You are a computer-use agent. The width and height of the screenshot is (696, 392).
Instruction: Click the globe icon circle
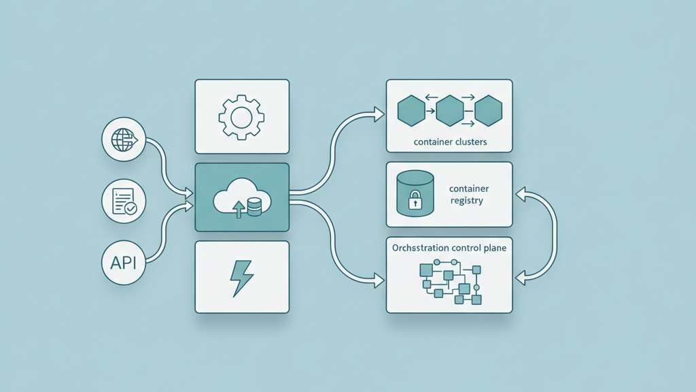tap(124, 140)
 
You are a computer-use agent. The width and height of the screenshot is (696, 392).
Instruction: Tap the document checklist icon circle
tap(124, 201)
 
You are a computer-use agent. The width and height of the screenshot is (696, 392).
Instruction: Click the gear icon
tap(242, 117)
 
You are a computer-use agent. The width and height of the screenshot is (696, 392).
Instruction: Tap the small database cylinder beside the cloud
tap(255, 207)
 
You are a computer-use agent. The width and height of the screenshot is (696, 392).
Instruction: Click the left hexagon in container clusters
tap(411, 111)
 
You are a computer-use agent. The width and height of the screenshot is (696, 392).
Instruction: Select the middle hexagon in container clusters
tap(449, 111)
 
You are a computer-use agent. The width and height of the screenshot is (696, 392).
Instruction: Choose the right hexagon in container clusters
tap(488, 111)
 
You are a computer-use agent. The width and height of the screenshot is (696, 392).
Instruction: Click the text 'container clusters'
tap(449, 143)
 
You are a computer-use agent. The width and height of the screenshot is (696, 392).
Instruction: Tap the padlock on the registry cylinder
tap(415, 201)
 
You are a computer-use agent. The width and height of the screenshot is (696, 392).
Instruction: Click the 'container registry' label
tap(469, 195)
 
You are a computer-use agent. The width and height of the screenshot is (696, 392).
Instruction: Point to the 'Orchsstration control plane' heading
tap(449, 248)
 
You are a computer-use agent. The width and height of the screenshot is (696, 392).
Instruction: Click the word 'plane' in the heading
tap(493, 248)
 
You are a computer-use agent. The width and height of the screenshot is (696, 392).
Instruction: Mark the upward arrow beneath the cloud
tap(239, 209)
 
